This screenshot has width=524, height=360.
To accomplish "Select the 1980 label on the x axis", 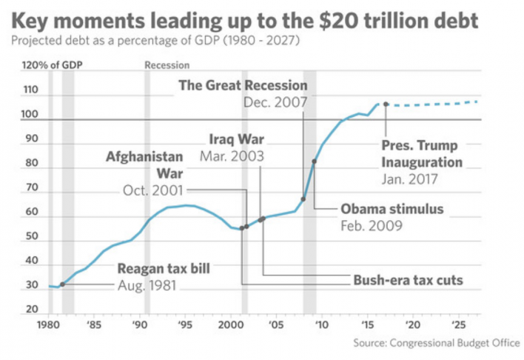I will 48,324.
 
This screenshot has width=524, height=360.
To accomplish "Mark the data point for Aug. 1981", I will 62,284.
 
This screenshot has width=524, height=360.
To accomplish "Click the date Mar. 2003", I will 232,156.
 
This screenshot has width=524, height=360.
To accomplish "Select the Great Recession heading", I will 242,85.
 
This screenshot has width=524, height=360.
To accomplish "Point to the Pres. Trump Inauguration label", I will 422,153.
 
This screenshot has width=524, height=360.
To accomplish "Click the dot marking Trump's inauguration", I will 386,104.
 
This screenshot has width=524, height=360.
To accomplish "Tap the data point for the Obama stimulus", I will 315,161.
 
